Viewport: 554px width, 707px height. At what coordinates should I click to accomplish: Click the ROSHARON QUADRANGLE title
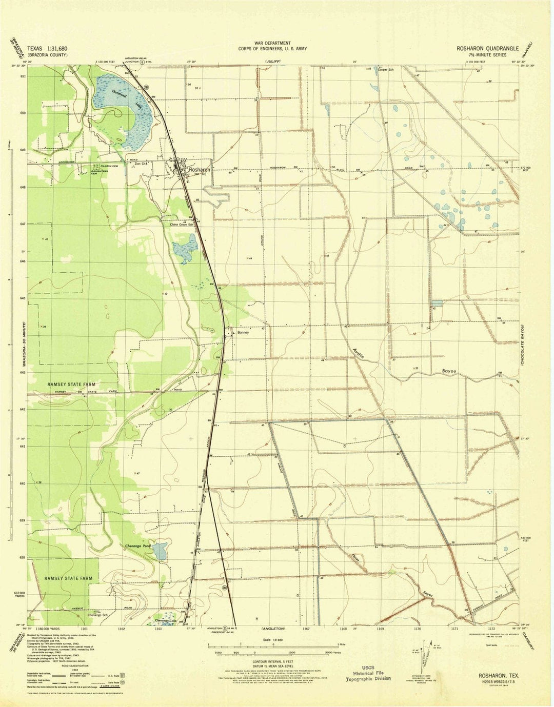tap(487, 48)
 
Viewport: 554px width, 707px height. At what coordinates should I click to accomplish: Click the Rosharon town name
tap(200, 170)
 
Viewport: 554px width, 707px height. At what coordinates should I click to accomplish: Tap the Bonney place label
tap(243, 332)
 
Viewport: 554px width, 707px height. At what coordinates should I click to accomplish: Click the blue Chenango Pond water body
tap(161, 550)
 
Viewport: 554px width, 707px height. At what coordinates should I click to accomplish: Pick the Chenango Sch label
tap(98, 614)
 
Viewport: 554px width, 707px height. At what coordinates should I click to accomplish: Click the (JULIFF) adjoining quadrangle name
tap(273, 62)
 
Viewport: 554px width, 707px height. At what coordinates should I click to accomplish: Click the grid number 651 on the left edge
tap(23, 76)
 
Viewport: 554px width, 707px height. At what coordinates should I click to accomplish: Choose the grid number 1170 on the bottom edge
tap(417, 628)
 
